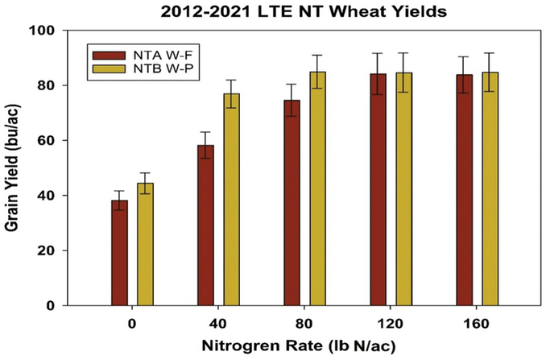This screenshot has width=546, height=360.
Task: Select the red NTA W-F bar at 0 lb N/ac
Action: pos(119,253)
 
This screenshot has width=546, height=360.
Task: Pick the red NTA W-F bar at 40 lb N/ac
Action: pos(206,226)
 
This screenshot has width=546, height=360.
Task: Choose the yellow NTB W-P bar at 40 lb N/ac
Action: pos(232,200)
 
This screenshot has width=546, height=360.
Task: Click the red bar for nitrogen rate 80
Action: pos(292,203)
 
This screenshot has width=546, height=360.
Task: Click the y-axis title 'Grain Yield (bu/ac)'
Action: pos(15,168)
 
